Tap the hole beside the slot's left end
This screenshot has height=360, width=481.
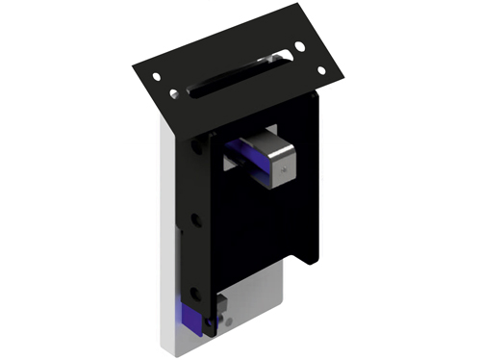tap(173, 93)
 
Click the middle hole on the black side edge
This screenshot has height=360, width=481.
tap(196, 219)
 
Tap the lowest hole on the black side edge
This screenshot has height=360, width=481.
tap(199, 289)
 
